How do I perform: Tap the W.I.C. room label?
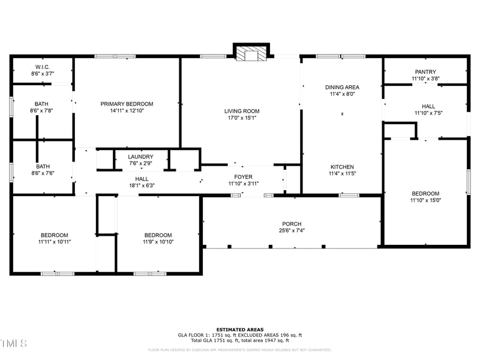(43, 67)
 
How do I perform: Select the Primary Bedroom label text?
(127, 104)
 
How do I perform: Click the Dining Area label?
(342, 87)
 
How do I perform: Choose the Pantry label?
(425, 72)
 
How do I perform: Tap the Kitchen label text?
(342, 167)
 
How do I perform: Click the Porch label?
(292, 224)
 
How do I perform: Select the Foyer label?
(243, 177)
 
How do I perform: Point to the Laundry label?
(141, 157)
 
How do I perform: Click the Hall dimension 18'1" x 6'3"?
(142, 186)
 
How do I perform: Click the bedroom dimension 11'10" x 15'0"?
(425, 201)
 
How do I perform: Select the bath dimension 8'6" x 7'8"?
(43, 110)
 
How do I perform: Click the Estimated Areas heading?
(239, 329)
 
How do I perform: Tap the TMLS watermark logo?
(14, 343)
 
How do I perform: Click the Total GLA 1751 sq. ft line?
(239, 340)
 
